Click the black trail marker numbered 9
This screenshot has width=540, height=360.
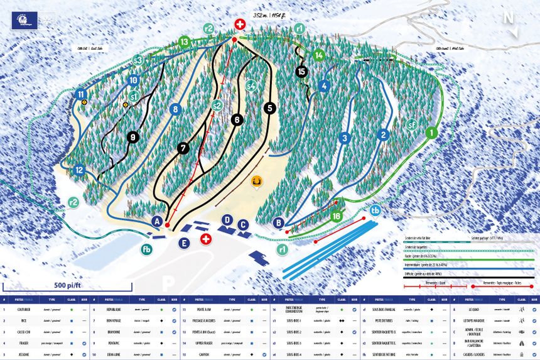point(132,136)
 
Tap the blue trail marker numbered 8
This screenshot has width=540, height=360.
point(175,109)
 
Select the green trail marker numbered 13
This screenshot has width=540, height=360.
point(183,42)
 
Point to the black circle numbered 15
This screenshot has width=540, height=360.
point(302,72)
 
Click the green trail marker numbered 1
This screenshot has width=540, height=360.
point(432,133)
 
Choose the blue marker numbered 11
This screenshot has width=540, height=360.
point(81,95)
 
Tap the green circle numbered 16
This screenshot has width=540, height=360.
point(337,217)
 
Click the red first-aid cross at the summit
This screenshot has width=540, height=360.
point(239,25)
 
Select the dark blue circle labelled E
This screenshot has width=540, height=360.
point(184,243)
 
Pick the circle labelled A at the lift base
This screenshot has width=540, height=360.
point(158,221)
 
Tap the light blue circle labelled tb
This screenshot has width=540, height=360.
point(375,210)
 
